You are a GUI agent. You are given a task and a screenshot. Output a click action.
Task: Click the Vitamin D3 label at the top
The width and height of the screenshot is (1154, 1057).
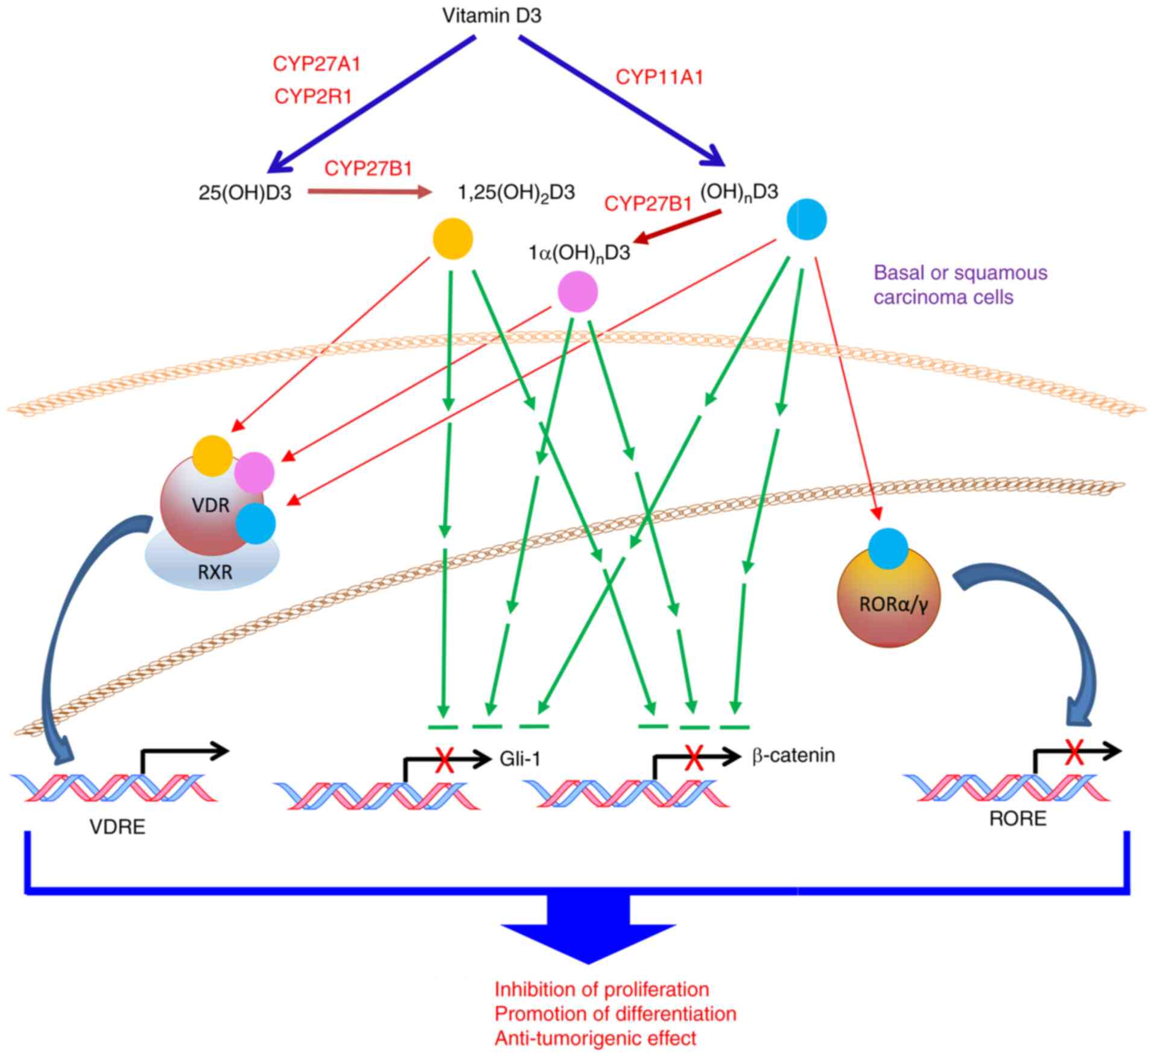pyautogui.click(x=492, y=16)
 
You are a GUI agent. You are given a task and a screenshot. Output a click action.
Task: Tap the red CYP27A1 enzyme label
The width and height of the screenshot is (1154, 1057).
pyautogui.click(x=317, y=64)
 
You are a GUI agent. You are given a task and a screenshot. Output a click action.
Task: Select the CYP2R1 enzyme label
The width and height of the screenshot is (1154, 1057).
pyautogui.click(x=313, y=96)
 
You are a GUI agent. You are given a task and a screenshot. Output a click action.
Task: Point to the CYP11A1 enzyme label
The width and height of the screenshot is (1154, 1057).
pyautogui.click(x=659, y=77)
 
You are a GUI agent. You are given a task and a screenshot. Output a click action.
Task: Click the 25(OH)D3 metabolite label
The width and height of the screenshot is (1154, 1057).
pyautogui.click(x=245, y=193)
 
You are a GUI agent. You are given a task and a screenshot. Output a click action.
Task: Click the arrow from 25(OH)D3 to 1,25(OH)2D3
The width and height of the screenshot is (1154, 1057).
pyautogui.click(x=370, y=192)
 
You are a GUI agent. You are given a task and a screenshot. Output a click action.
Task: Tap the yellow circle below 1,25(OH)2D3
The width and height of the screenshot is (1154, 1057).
pyautogui.click(x=453, y=239)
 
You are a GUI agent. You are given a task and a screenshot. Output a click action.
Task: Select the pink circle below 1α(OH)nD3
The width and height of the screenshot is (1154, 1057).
pyautogui.click(x=578, y=292)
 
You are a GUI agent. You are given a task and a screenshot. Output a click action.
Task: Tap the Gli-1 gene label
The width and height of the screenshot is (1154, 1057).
pyautogui.click(x=520, y=759)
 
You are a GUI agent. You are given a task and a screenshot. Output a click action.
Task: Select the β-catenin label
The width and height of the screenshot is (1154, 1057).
pyautogui.click(x=793, y=755)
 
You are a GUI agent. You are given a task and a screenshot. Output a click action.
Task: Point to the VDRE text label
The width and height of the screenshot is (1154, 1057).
pyautogui.click(x=118, y=827)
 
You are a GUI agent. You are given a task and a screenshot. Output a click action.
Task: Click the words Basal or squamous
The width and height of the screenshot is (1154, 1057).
pyautogui.click(x=960, y=273)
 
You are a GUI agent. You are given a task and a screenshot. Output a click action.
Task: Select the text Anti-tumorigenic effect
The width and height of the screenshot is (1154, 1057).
pyautogui.click(x=595, y=1038)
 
